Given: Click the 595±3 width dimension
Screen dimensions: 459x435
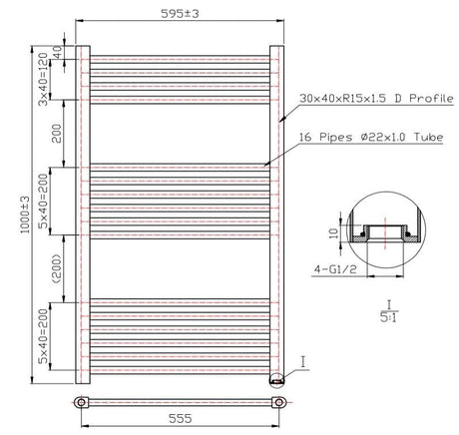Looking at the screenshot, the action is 180,14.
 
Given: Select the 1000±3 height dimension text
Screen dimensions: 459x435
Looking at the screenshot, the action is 25,215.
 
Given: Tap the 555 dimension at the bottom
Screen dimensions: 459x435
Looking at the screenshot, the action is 180,418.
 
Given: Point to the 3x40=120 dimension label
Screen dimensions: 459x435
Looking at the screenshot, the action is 43,79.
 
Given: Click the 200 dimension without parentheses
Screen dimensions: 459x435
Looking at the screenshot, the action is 57,134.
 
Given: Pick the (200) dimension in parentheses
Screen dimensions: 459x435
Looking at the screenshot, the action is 57,268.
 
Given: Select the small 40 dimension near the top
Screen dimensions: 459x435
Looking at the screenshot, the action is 58,52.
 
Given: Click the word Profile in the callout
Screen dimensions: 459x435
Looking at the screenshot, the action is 431,99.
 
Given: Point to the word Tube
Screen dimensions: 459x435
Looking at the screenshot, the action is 428,137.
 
